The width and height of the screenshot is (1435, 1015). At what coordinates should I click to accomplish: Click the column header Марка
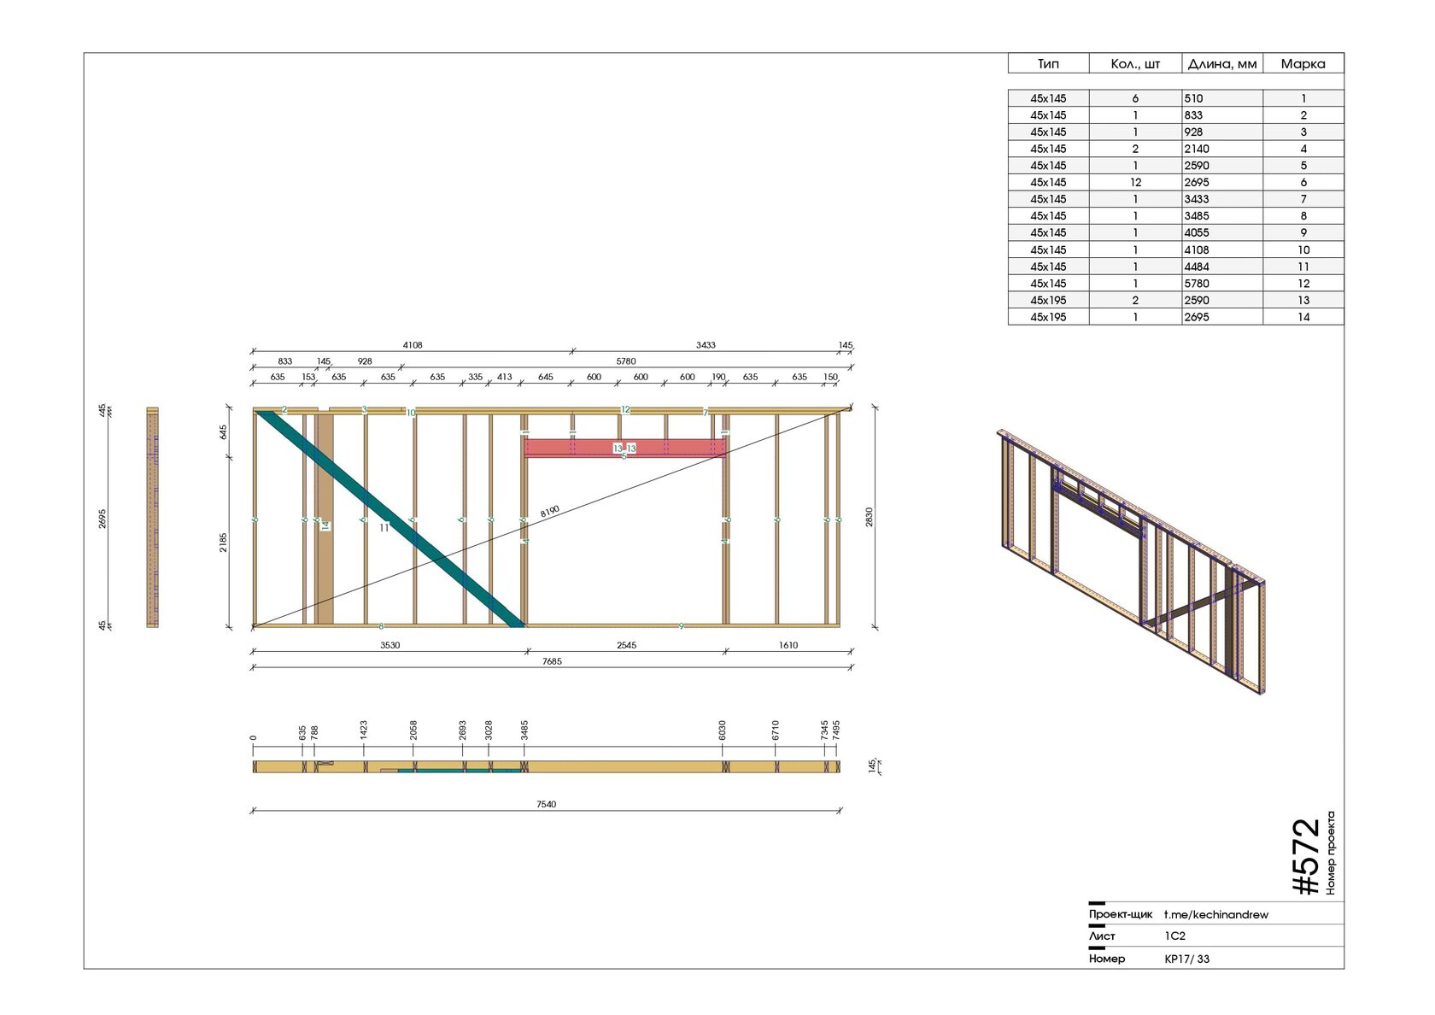(1303, 64)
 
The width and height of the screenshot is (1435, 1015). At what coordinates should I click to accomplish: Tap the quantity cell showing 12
(1135, 183)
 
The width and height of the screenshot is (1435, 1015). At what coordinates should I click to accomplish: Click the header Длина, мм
(1221, 64)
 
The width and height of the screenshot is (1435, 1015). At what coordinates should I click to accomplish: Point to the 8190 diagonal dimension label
(550, 511)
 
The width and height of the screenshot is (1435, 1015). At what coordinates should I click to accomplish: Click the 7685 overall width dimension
(552, 661)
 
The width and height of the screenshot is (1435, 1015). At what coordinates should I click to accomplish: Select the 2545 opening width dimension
(626, 645)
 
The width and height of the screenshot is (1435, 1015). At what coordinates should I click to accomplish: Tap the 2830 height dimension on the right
(870, 517)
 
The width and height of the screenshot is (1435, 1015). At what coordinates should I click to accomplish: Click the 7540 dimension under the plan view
(546, 804)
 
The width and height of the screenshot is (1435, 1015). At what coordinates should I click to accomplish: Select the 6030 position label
(723, 730)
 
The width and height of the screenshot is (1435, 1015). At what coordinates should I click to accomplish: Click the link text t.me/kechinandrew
(1215, 914)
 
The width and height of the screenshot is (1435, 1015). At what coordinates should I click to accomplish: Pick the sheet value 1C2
(1175, 936)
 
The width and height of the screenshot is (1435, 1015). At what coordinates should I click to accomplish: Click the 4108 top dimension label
(413, 345)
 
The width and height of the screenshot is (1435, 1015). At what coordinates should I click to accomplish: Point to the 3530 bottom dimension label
(389, 645)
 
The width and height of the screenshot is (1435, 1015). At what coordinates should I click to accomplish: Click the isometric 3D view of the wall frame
(1132, 560)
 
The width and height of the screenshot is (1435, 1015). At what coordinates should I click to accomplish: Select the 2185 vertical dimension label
(223, 543)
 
